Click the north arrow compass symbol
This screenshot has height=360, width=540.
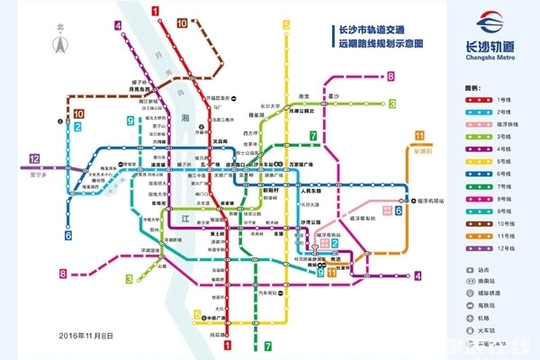[60, 41]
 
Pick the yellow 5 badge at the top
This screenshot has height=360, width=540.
[287, 25]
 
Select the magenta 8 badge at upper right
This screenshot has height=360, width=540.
[391, 76]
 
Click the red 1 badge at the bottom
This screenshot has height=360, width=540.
[227, 343]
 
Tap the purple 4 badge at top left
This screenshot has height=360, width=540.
[119, 25]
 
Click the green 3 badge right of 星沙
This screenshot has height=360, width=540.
[392, 104]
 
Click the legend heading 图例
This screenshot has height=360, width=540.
[472, 87]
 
